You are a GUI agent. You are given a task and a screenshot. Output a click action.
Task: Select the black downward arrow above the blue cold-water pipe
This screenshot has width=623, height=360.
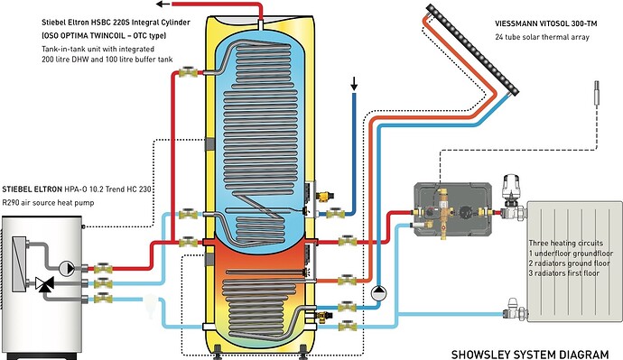coord(354,83)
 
